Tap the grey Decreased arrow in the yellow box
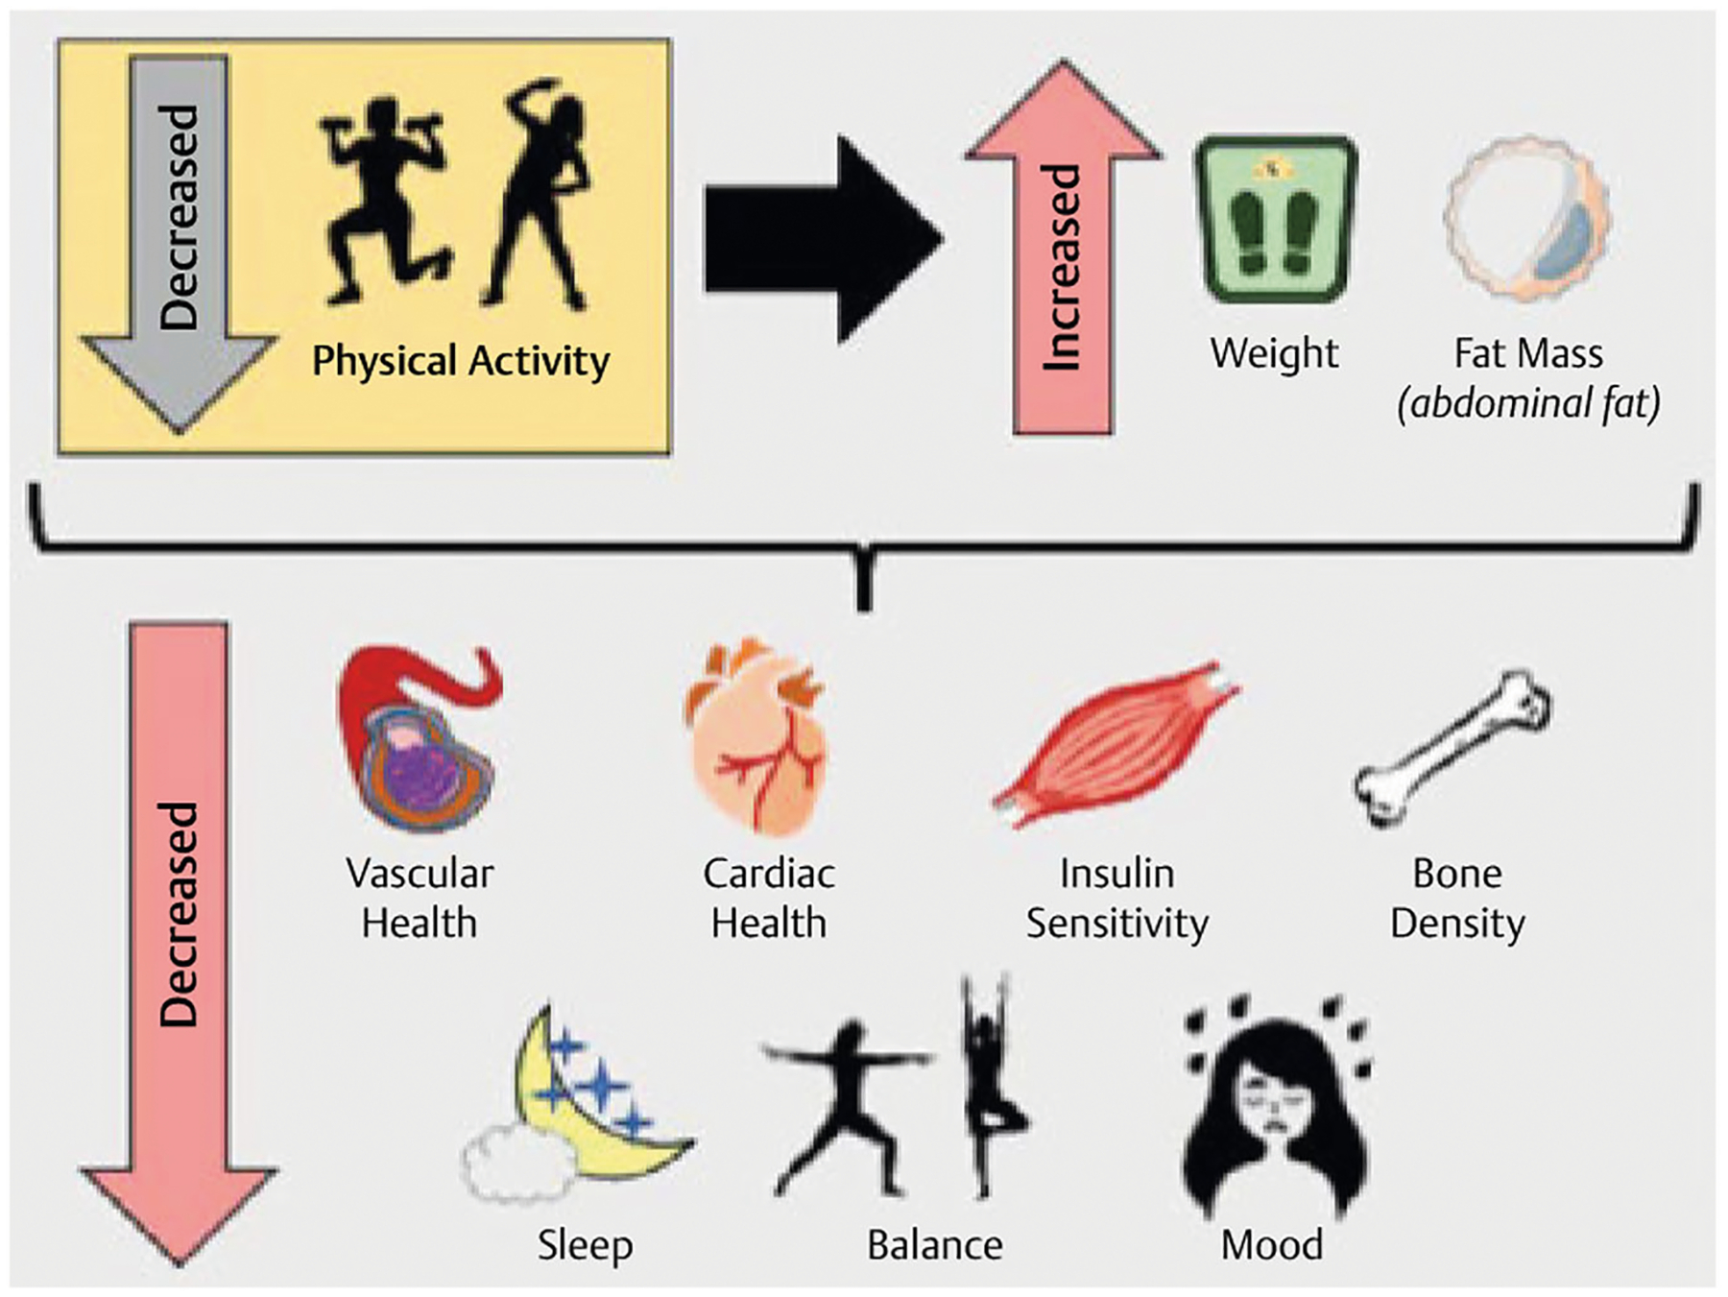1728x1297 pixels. pos(180,240)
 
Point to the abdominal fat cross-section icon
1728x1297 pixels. pos(1526,219)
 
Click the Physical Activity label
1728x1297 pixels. pos(461,362)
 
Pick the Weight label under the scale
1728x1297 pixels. pos(1274,353)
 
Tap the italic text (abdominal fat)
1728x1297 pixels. pos(1528,403)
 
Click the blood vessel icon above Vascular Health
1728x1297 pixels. pos(420,739)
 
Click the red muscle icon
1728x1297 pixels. pos(1116,744)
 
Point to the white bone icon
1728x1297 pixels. pos(1452,749)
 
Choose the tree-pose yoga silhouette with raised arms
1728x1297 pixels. pos(989,1085)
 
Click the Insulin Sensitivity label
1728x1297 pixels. pos(1116,899)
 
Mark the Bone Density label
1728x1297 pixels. pos(1457,899)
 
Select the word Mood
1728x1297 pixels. pos(1272,1245)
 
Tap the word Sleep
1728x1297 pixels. pos(585,1245)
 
